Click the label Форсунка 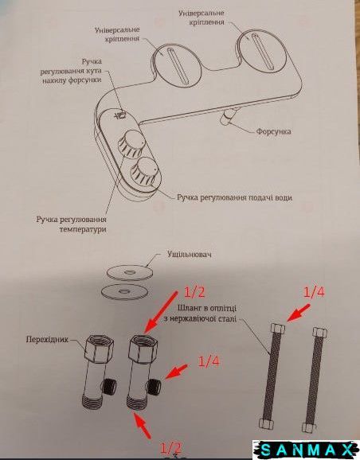(x=274, y=131)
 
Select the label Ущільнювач (x=190, y=254)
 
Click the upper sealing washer (x=130, y=273)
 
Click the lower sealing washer (x=124, y=291)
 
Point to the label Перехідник (x=47, y=339)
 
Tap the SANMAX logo (x=306, y=450)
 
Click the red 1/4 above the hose (x=315, y=293)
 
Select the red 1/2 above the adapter (x=194, y=292)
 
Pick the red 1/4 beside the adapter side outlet (x=209, y=362)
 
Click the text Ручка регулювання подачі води (x=235, y=197)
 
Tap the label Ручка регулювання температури (x=72, y=224)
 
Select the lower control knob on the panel (x=144, y=171)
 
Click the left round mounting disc (x=177, y=66)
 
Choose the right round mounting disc (x=262, y=53)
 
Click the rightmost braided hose (x=315, y=380)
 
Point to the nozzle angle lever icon (x=121, y=114)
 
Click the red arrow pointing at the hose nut (x=299, y=313)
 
